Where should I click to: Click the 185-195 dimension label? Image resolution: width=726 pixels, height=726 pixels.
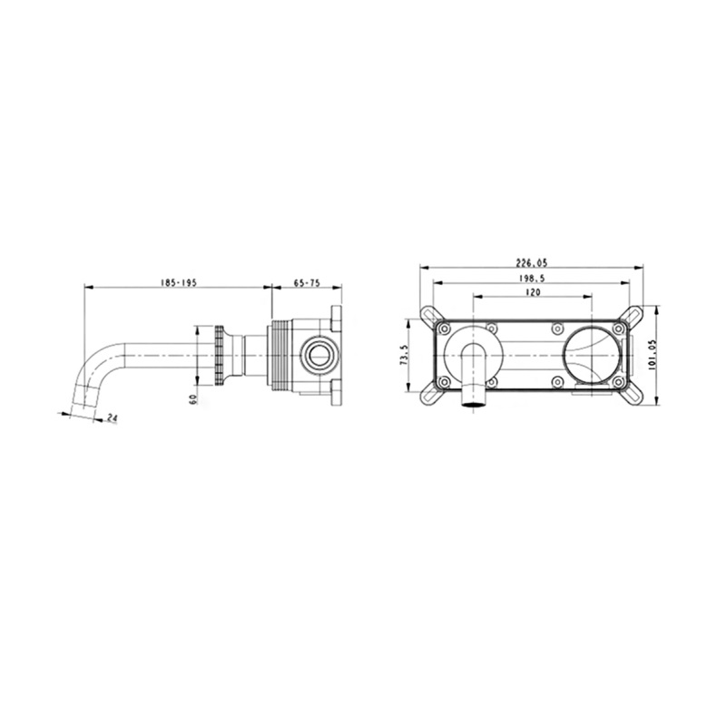point(178,283)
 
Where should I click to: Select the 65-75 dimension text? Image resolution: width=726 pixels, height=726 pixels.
point(307,283)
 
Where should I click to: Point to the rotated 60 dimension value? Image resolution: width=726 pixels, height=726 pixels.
point(193,398)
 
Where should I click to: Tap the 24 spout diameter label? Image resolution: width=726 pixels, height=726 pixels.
point(112,417)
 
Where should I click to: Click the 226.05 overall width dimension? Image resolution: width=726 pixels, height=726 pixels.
point(532,263)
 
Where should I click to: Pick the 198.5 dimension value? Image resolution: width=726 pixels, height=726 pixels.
point(532,279)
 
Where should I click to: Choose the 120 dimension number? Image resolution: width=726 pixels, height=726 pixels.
point(533,292)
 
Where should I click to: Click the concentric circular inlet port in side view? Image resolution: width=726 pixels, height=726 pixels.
point(319,356)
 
